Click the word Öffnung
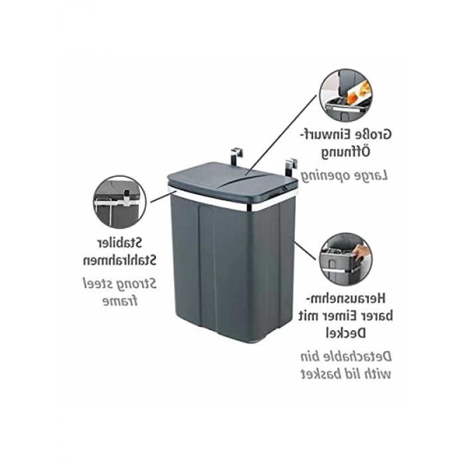point(346,153)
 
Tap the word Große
point(375,135)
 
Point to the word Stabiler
point(120,243)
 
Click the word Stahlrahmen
point(119,260)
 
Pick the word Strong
point(137,284)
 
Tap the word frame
point(120,302)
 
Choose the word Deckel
point(346,333)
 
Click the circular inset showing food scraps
point(346,95)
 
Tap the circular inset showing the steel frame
point(120,202)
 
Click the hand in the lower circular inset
point(361,253)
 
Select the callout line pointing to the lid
point(280,134)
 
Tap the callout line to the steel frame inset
point(162,197)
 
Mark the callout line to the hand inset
point(305,250)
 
